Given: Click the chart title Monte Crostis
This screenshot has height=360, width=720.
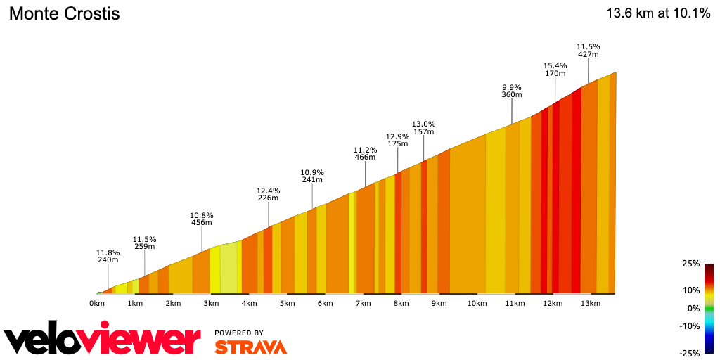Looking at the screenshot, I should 64,13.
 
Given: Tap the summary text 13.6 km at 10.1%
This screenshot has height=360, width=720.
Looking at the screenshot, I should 658,13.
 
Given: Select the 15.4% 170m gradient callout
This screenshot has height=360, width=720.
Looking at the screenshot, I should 555,69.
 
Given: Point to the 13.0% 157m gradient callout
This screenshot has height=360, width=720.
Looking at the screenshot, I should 423,128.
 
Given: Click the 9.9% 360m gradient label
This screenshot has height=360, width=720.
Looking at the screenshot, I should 511,91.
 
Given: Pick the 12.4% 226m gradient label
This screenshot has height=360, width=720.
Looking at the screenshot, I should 268,194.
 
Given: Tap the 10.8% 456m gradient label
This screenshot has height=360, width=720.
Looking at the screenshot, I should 202,219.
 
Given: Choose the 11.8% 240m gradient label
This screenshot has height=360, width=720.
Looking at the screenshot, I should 108,256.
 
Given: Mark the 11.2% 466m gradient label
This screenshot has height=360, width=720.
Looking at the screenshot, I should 364,153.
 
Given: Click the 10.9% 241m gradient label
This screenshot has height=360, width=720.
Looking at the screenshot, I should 311,176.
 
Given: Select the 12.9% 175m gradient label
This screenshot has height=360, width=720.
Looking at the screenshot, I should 397,140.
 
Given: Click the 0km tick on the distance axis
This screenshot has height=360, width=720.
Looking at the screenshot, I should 97,304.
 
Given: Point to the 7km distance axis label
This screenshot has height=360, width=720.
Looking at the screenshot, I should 363,304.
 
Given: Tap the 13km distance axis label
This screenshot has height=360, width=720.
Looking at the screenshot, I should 591,304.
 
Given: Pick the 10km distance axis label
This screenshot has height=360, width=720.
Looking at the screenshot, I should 477,304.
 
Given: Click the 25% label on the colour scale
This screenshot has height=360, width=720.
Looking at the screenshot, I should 690,264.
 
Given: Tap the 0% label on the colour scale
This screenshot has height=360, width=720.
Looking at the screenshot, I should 693,308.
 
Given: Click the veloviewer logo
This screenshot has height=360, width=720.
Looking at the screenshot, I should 102,340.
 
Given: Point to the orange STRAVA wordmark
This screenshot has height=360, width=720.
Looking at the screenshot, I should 250,347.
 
